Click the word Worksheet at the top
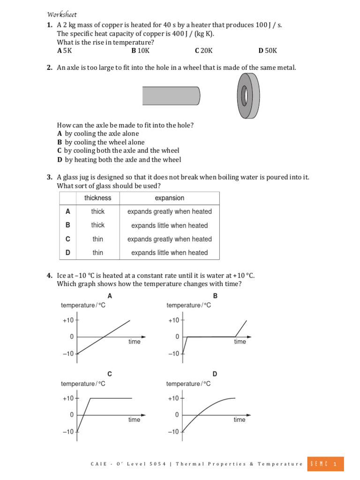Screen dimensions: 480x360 (x=63, y=14)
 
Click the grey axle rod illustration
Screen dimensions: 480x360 (x=171, y=96)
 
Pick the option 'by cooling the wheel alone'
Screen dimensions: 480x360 (x=101, y=142)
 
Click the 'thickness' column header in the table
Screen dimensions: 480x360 (x=98, y=198)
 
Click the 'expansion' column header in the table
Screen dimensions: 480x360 (x=169, y=198)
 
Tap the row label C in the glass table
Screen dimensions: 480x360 (x=68, y=239)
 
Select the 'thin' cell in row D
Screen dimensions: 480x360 (x=98, y=253)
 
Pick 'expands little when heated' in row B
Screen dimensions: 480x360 (x=169, y=225)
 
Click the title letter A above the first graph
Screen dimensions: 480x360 (x=110, y=296)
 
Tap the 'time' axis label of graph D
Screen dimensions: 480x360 (x=240, y=420)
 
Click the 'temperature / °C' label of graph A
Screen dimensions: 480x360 (x=83, y=306)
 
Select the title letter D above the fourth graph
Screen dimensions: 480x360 (x=215, y=374)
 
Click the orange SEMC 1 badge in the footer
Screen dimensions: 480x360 (x=325, y=464)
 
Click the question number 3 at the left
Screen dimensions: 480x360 (x=49, y=177)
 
